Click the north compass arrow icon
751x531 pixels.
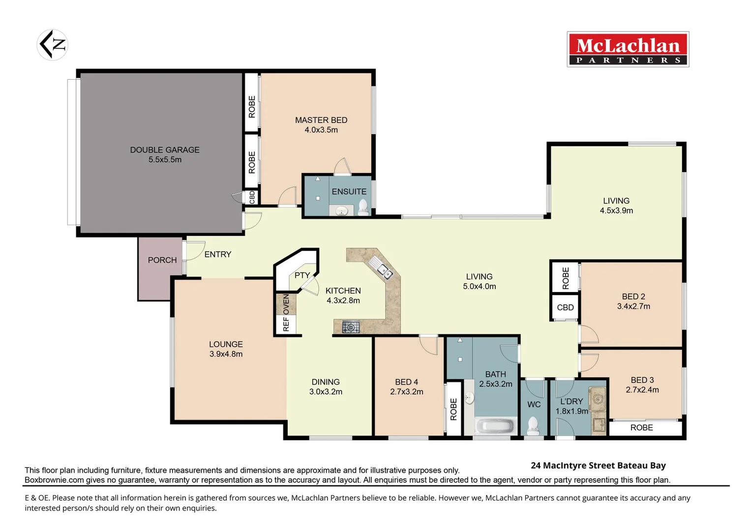52,45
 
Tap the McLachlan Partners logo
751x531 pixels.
628,49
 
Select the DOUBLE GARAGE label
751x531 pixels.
165,150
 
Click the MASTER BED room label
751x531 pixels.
321,120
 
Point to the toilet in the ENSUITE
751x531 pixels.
363,207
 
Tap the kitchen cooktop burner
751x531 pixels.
351,327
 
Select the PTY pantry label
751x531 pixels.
302,275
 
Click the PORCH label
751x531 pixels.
162,260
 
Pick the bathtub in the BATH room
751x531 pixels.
495,425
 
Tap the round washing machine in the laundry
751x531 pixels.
599,398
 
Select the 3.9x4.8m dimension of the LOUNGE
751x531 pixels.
226,354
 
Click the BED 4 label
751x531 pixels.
406,382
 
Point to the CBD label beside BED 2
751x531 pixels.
565,308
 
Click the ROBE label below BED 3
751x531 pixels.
641,428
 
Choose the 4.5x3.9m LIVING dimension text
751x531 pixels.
616,210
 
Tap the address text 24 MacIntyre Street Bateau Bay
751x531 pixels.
598,466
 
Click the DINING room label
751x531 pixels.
326,382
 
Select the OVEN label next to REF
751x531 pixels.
286,304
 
